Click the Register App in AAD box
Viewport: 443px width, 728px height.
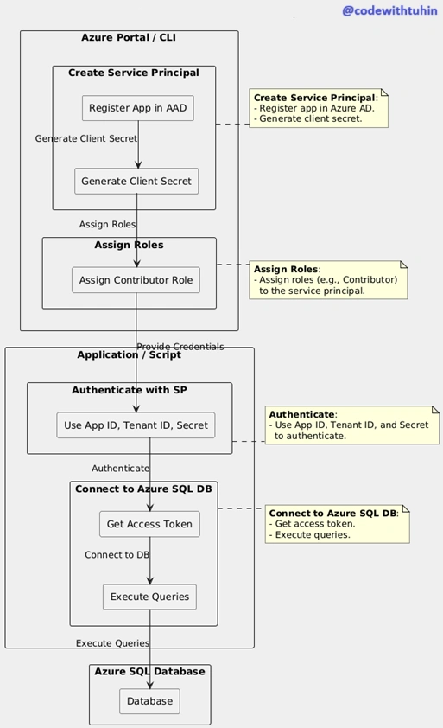[138, 108]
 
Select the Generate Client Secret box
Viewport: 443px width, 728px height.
[136, 181]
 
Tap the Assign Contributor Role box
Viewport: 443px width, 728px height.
[136, 280]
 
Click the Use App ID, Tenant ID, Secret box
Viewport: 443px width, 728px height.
[136, 425]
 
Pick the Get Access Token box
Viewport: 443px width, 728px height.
[150, 524]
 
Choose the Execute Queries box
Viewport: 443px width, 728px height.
[150, 597]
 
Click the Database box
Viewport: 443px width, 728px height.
[150, 701]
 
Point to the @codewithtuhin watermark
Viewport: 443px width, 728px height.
[389, 10]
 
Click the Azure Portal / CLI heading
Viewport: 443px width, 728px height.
[129, 37]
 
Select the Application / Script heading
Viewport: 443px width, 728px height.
[129, 355]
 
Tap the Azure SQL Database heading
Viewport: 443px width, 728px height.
[150, 671]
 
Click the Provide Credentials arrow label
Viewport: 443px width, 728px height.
[180, 347]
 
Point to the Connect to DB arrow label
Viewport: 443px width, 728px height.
[117, 555]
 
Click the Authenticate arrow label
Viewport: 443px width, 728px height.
[121, 469]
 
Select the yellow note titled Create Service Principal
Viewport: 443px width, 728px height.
[319, 108]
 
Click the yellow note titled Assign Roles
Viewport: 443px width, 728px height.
[328, 280]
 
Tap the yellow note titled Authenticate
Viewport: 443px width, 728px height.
[352, 425]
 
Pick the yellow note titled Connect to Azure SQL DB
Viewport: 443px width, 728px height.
[338, 524]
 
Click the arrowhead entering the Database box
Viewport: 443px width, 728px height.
[150, 686]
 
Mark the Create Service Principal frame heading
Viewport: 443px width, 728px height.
[134, 73]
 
